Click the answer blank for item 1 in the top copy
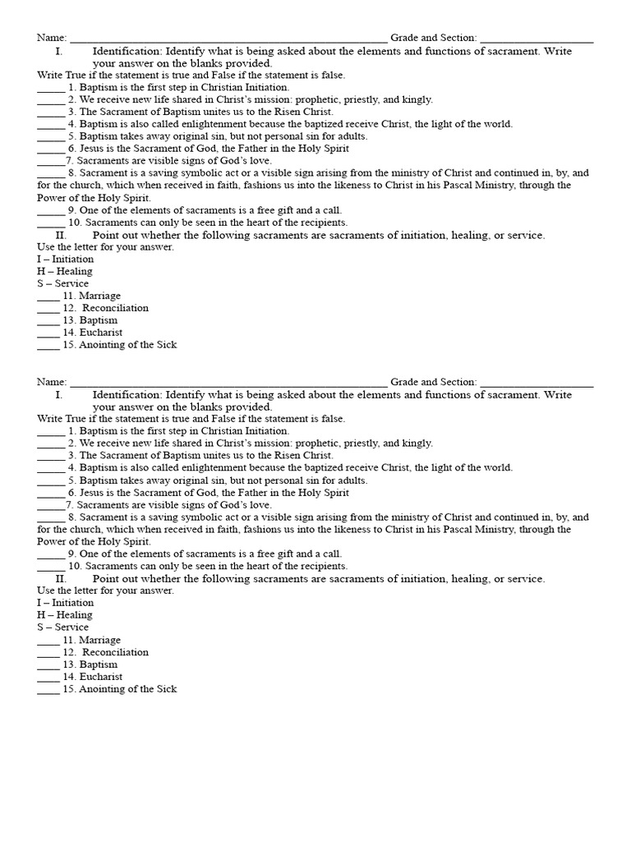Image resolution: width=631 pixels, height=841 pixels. (x=51, y=88)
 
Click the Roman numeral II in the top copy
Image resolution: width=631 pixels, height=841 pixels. (x=61, y=235)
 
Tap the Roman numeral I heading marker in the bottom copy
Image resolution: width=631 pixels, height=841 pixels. (x=59, y=395)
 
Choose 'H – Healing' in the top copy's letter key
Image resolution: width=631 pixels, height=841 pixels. (x=64, y=271)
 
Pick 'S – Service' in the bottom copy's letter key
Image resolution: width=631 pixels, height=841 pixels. (x=62, y=627)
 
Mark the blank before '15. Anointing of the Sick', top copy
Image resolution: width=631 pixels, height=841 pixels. (x=48, y=346)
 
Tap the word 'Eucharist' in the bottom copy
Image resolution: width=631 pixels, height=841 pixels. (x=101, y=677)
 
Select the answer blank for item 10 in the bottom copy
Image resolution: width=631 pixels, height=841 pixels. (x=51, y=568)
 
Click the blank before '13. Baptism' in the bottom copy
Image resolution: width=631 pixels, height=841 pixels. (x=48, y=665)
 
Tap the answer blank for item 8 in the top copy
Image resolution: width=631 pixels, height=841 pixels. (x=51, y=174)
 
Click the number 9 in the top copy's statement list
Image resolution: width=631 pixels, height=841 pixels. (x=72, y=210)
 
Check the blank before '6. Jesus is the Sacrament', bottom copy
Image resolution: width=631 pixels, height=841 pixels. (x=51, y=494)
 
